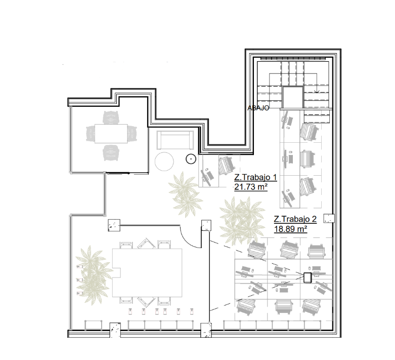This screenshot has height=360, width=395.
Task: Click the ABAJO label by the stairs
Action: pos(258,108)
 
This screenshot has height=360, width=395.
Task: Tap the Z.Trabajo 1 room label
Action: pos(255,177)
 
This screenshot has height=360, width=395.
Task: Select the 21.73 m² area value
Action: pos(251,187)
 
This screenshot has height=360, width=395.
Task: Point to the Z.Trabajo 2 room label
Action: pos(295,219)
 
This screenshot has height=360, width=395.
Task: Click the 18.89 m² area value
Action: pos(290,229)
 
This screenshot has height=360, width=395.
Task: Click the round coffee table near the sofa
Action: pos(164,162)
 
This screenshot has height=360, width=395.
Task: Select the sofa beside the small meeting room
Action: pos(175,140)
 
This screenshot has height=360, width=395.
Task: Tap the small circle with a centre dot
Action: pos(191,159)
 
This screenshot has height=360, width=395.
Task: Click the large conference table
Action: pos(147,273)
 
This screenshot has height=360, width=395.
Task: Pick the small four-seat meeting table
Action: pos(111,134)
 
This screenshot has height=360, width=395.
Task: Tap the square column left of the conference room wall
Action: pos(114,225)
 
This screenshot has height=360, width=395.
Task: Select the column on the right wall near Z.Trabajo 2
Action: pos(329,218)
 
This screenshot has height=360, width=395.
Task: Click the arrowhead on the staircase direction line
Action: pos(317,91)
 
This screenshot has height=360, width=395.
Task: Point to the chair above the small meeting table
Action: pos(111,117)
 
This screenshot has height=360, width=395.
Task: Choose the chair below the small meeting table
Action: pos(111,152)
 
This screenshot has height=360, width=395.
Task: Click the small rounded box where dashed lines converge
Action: pos(308,278)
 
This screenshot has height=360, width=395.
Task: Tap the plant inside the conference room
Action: pos(93,275)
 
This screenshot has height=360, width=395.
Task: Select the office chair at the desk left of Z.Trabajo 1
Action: pos(227,166)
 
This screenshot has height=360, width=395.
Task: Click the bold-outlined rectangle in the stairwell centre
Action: pos(292,97)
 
